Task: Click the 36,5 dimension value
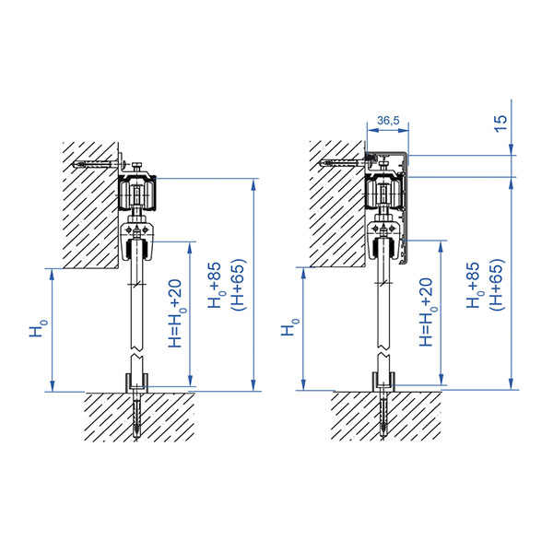pos(388,121)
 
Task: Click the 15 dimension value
pos(500,124)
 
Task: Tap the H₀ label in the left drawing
pos(38,327)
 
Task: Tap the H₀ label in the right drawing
pos(290,327)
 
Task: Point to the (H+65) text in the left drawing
pos(238,285)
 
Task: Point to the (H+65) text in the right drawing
pos(498,285)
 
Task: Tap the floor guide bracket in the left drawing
pos(136,383)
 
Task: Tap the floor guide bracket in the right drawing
pos(383,382)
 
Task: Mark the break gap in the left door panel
pos(136,352)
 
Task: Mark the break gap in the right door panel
pos(383,351)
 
